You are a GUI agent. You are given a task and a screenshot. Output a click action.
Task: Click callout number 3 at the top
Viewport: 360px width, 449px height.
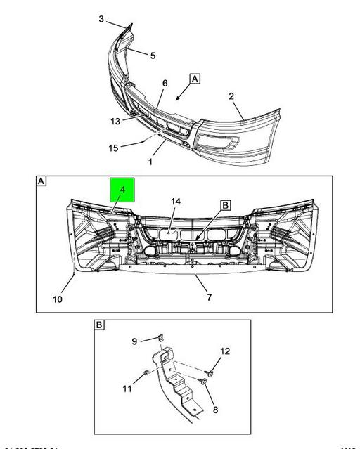click(x=101, y=19)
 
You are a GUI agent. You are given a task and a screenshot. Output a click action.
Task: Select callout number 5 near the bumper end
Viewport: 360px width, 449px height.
click(x=153, y=55)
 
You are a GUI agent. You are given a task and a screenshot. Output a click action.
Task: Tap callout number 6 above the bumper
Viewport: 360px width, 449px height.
click(x=165, y=83)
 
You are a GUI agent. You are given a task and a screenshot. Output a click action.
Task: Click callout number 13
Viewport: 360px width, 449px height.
click(x=115, y=121)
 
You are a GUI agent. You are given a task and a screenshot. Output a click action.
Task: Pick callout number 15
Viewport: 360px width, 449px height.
click(x=112, y=148)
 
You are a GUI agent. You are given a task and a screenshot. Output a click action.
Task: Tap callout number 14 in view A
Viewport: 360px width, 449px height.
click(x=176, y=202)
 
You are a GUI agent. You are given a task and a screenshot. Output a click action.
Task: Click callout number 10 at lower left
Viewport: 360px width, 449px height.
click(x=58, y=299)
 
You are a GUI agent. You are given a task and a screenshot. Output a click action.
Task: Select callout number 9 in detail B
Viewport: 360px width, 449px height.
click(x=135, y=341)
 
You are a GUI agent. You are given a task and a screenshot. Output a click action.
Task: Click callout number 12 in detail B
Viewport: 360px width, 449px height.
click(x=225, y=351)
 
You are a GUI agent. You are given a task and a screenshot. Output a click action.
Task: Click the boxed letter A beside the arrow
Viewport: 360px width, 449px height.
click(x=194, y=79)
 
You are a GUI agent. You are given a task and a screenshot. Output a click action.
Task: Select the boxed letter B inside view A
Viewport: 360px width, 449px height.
click(x=226, y=205)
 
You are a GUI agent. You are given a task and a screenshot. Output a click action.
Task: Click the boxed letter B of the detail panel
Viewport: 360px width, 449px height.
click(x=99, y=325)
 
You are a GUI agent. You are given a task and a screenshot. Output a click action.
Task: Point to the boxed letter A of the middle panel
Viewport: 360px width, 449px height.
click(x=41, y=181)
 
